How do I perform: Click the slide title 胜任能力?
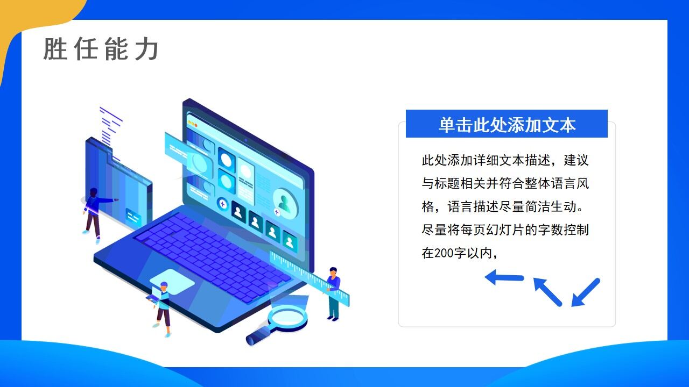tap(101, 49)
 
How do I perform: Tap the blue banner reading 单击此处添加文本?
tap(507, 124)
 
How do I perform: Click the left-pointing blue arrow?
tap(504, 277)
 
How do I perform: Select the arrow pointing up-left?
tap(547, 291)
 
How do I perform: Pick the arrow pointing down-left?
tap(585, 292)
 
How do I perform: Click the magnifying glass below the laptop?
tap(286, 321)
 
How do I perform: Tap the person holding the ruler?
tap(333, 293)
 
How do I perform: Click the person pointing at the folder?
tap(95, 212)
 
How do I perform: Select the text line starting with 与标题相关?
tap(505, 183)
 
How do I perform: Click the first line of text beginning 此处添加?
tap(505, 160)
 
